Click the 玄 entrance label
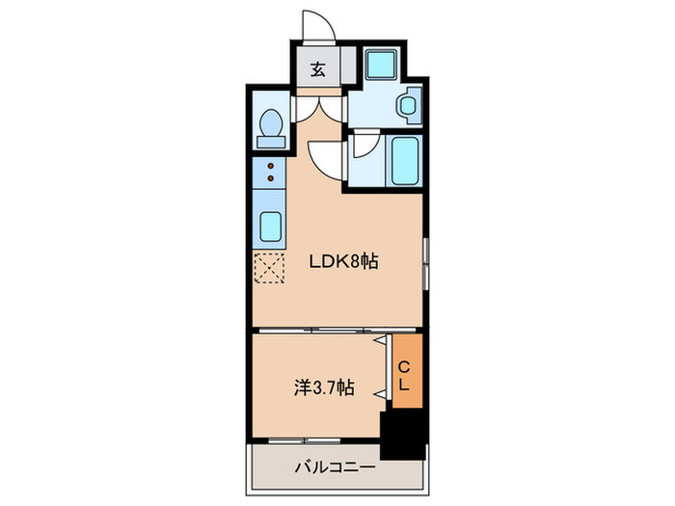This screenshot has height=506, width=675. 318,69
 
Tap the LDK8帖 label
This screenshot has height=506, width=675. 343,261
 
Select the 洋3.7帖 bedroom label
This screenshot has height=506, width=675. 325,387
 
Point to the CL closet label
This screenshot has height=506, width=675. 403,377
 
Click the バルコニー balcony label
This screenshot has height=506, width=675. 335,466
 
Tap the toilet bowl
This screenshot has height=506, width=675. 271,121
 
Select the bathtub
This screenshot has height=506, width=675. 405,160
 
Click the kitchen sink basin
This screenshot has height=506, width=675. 270,226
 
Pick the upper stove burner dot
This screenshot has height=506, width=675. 271,166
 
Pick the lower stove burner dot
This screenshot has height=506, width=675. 271,177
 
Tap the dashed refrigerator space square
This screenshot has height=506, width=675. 269,268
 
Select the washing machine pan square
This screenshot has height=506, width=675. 381,65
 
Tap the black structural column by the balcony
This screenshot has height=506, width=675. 403,435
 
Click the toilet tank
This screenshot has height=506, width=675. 271,142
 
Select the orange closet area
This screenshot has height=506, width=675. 407,370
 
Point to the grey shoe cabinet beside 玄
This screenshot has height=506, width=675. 349,65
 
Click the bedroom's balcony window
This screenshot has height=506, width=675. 305,441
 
